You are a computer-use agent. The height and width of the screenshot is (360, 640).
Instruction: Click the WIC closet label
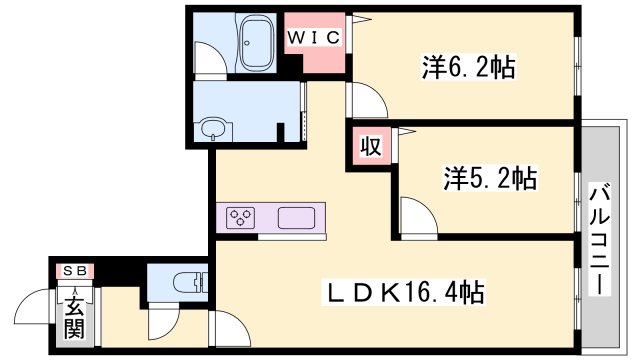(x=313, y=38)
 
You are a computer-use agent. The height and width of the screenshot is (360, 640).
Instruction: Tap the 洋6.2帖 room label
(x=469, y=67)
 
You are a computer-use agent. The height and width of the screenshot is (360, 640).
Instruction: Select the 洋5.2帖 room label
(x=490, y=178)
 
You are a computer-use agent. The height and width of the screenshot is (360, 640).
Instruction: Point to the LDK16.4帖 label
(x=403, y=291)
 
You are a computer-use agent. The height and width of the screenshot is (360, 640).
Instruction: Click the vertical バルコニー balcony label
(x=600, y=239)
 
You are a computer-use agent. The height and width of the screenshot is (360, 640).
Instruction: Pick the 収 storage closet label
(x=371, y=146)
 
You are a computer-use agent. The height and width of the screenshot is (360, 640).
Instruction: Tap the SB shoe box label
(x=75, y=270)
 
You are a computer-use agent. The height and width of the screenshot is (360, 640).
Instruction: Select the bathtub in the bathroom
(x=257, y=44)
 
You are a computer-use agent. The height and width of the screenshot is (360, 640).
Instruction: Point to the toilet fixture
(x=190, y=282)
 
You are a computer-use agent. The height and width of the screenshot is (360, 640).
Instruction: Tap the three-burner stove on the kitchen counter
(x=241, y=218)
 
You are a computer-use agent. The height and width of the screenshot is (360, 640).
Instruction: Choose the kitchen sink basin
(x=296, y=218)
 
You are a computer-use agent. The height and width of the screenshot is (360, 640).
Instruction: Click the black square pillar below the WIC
(x=293, y=64)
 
